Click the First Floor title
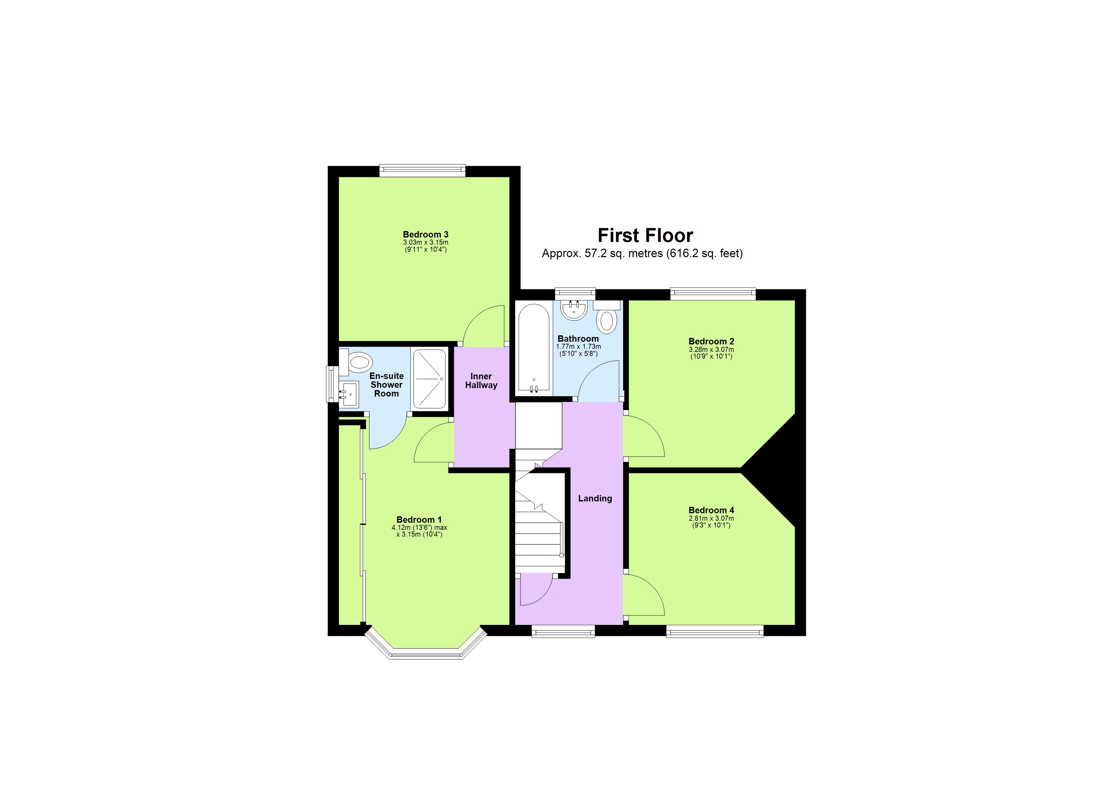645,235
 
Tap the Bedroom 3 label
425,234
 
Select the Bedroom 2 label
711,341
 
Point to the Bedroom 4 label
711,510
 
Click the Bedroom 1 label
419,519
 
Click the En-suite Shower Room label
387,385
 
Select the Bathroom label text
578,339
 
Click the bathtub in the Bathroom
534,349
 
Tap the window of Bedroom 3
422,171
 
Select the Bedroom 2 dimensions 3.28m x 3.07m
711,349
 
